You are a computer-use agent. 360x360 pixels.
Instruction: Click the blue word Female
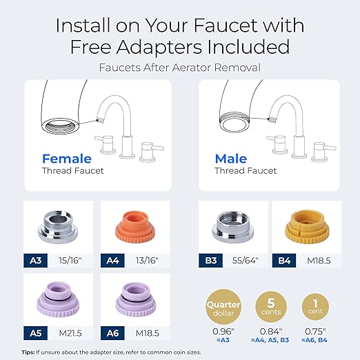67,158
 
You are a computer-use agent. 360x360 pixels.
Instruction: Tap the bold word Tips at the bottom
27,351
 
